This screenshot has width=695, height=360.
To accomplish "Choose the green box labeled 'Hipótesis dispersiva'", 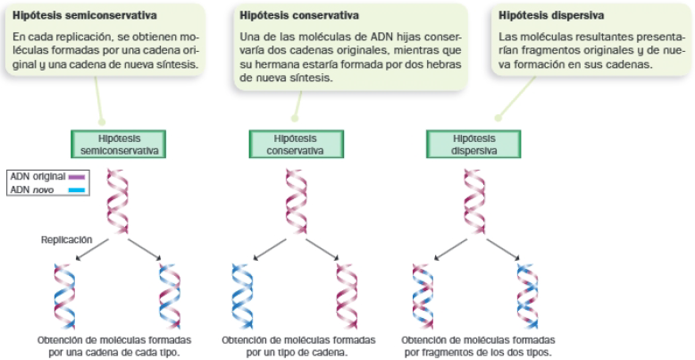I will pyautogui.click(x=473, y=145).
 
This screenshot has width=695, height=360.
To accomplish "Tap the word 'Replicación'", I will pyautogui.click(x=66, y=239).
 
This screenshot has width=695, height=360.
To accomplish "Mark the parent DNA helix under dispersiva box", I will pyautogui.click(x=473, y=202).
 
